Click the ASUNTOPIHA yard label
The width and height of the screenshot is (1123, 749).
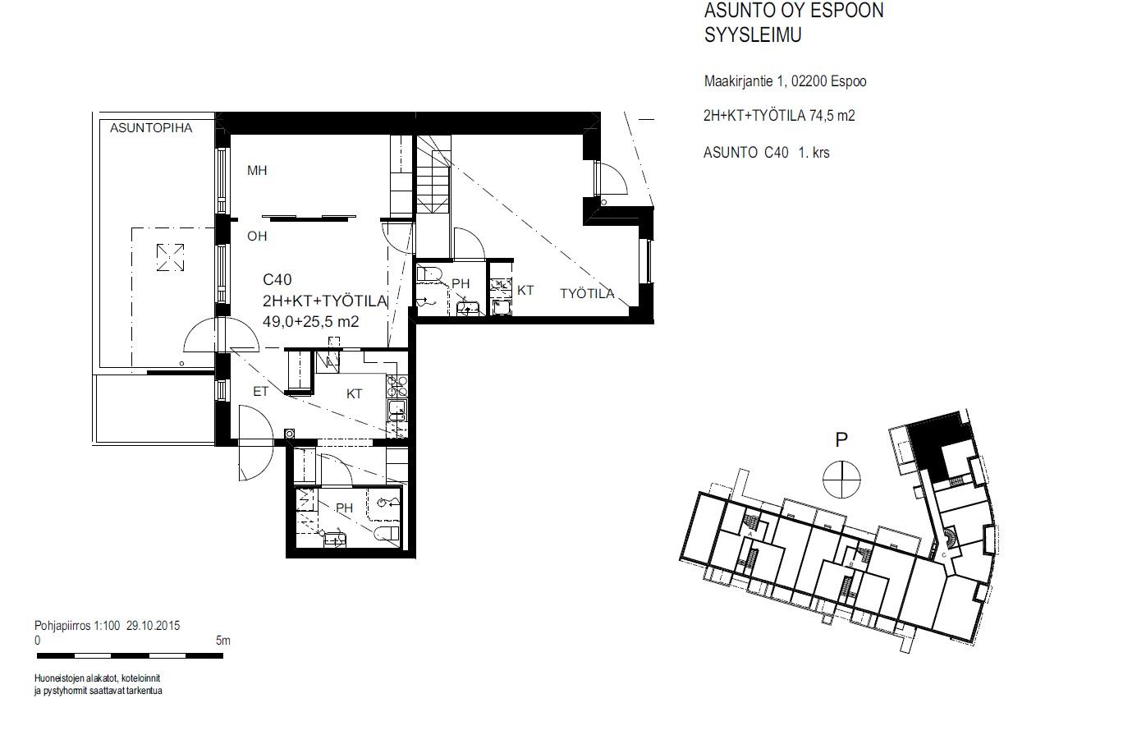151,128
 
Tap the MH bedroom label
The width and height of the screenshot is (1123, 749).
257,171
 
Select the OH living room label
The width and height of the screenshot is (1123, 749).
257,237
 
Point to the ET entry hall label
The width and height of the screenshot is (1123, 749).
261,391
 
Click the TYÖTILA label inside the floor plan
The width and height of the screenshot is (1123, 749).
587,293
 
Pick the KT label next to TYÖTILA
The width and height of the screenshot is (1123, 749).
525,291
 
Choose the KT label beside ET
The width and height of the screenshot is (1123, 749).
354,394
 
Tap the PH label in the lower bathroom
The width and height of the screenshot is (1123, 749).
345,508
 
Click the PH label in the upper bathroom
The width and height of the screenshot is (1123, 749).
461,283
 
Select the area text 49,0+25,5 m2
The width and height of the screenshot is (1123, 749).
311,321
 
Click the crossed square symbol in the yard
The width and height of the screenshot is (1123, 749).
170,257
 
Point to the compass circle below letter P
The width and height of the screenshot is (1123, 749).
841,479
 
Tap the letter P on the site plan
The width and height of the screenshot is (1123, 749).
841,440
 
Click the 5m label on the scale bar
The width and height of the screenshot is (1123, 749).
223,641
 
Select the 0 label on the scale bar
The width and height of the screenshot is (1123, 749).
38,641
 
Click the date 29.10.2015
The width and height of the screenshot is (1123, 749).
153,626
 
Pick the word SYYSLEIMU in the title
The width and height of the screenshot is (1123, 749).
753,34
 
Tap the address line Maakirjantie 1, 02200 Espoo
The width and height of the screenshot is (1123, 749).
785,81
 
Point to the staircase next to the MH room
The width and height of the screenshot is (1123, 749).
433,176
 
